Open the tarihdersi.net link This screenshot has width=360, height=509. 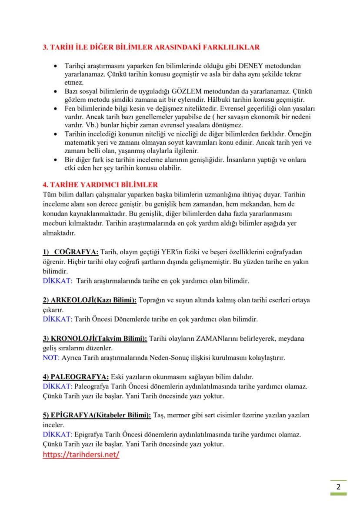point(81,454)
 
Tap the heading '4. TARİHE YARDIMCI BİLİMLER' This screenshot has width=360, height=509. point(100,185)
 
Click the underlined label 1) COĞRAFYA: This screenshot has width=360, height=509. point(71,252)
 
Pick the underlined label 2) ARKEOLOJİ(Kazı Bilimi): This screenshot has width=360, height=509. point(90,300)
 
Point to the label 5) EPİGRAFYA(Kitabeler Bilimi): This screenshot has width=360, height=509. point(97,415)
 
